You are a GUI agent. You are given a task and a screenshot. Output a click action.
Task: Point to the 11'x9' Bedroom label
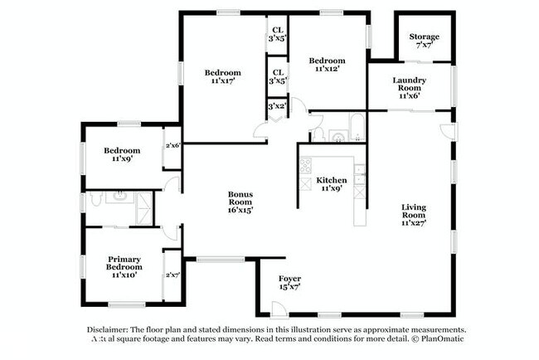point(121,155)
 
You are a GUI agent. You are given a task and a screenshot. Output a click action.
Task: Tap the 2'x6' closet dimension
point(172,145)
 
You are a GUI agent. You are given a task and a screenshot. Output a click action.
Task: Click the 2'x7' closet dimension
point(172,275)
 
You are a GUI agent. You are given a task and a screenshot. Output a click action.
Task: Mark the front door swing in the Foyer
point(280,308)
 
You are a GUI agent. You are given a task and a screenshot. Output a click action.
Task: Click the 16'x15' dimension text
point(240,210)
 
